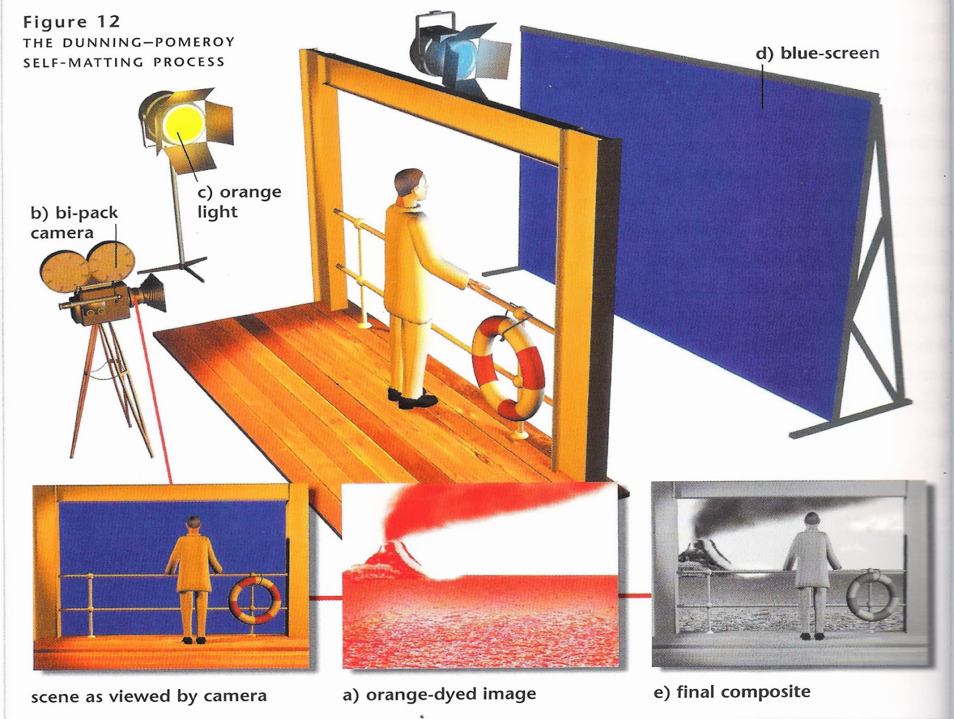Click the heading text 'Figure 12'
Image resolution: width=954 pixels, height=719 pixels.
click(x=72, y=21)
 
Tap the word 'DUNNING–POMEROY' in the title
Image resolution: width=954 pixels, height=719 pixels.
click(x=148, y=42)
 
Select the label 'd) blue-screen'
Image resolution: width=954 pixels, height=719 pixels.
click(x=817, y=54)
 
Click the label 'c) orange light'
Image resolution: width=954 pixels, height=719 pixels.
click(x=240, y=202)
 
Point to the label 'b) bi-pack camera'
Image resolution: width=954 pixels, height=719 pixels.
click(x=74, y=223)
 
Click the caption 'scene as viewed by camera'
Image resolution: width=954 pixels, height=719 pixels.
click(x=148, y=696)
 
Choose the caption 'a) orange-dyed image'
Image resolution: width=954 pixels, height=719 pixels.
click(x=439, y=694)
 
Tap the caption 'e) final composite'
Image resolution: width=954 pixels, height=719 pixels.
click(x=732, y=692)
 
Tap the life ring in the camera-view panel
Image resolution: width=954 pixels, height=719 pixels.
click(x=255, y=598)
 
